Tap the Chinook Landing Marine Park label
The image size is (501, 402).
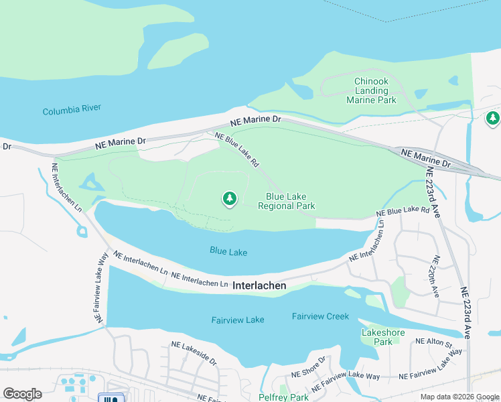(371, 90)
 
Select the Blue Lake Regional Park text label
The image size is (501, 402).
(290, 201)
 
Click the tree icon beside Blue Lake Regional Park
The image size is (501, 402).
(230, 198)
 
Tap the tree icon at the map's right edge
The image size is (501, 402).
(493, 119)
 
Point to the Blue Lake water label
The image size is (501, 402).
(228, 252)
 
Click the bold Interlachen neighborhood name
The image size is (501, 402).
(259, 285)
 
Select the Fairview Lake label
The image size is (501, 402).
(238, 320)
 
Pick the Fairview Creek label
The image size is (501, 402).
(321, 316)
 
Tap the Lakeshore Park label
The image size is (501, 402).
(376, 337)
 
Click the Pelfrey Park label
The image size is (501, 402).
(283, 397)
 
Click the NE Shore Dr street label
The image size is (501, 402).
(308, 368)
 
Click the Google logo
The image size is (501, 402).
(22, 394)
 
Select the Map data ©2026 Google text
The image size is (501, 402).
(459, 397)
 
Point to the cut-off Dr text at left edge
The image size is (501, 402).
(7, 146)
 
